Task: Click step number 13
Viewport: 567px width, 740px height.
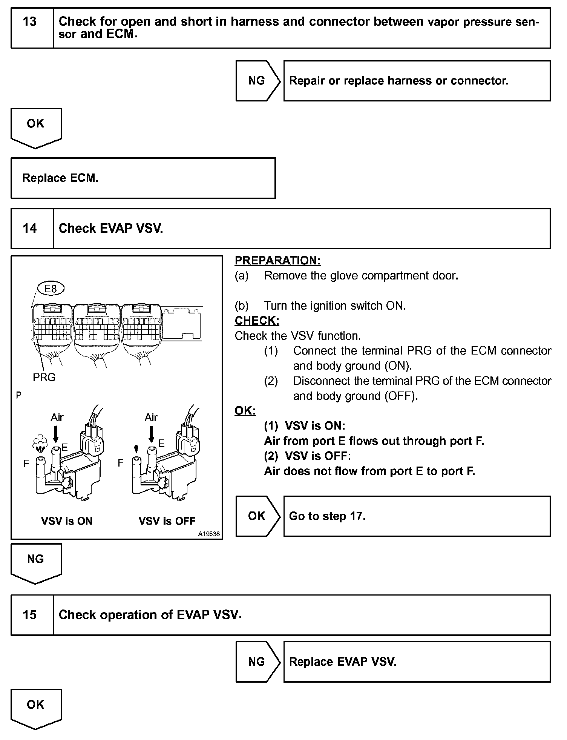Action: pyautogui.click(x=29, y=21)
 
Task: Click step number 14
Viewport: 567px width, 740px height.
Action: pyautogui.click(x=29, y=229)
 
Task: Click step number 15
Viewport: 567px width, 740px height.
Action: pyautogui.click(x=29, y=615)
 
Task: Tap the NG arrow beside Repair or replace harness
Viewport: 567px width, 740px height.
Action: pyautogui.click(x=257, y=81)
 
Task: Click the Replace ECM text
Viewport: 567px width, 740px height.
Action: pyautogui.click(x=60, y=178)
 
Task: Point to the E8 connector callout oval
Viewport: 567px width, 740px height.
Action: pyautogui.click(x=51, y=289)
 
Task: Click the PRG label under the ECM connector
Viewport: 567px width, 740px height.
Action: pyautogui.click(x=44, y=377)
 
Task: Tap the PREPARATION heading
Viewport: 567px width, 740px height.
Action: pyautogui.click(x=278, y=261)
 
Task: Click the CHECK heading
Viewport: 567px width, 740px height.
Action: pyautogui.click(x=257, y=321)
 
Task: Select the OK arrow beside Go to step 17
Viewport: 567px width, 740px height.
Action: pyautogui.click(x=257, y=516)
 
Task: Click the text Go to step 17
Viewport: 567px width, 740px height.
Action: pyautogui.click(x=327, y=516)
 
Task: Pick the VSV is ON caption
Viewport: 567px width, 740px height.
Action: pyautogui.click(x=67, y=521)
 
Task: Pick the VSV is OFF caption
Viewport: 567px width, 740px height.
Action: pyautogui.click(x=167, y=521)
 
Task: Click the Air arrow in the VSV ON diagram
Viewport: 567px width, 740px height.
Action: pyautogui.click(x=56, y=434)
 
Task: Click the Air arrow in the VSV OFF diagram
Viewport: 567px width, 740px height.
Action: pyautogui.click(x=152, y=434)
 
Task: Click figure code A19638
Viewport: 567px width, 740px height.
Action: pyautogui.click(x=209, y=534)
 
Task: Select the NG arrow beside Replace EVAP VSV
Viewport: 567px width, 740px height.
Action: pyautogui.click(x=257, y=662)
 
